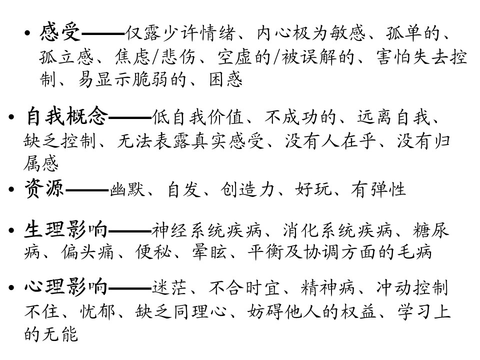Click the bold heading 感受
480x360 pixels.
[x=60, y=32]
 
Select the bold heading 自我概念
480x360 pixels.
[x=66, y=116]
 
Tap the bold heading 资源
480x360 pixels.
[x=44, y=188]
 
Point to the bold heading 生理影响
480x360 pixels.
[x=66, y=230]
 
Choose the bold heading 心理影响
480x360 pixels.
[x=66, y=287]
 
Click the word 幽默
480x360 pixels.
[x=126, y=189]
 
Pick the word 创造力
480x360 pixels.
[x=247, y=189]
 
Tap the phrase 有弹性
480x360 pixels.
[x=378, y=189]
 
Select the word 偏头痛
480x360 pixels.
[x=87, y=252]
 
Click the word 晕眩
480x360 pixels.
[x=209, y=252]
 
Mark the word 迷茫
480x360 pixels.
[x=169, y=288]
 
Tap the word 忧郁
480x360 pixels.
[x=97, y=311]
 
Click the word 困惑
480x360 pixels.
[x=226, y=79]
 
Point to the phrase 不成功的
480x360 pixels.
[x=300, y=117]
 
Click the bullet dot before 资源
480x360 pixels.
[x=11, y=189]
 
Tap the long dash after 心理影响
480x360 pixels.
[x=130, y=288]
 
